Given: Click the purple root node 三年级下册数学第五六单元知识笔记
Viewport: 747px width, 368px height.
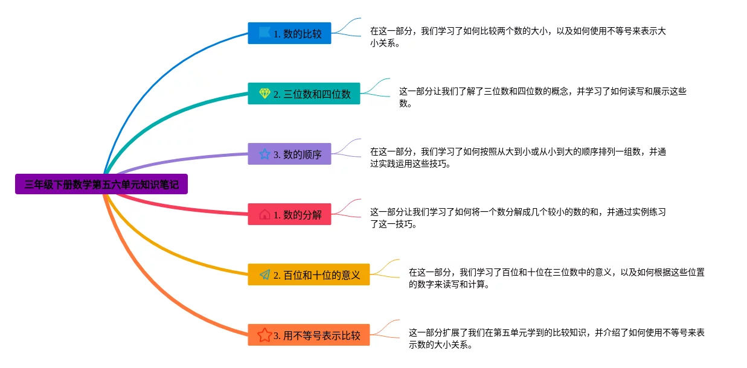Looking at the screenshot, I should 101,184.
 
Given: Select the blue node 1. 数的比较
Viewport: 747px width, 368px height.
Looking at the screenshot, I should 289,33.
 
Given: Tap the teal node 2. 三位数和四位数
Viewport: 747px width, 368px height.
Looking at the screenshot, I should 304,94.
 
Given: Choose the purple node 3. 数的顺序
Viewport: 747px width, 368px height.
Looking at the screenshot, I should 289,154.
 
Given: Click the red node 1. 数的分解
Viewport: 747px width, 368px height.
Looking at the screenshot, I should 289,214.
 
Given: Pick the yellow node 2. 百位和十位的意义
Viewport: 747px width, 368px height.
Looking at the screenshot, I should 309,274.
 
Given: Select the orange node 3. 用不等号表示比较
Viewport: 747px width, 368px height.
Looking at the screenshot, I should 309,335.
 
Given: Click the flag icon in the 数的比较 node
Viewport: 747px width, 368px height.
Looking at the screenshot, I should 264,33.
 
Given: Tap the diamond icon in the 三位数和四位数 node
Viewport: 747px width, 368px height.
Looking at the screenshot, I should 264,94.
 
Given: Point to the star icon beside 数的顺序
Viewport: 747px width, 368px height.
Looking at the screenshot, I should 264,154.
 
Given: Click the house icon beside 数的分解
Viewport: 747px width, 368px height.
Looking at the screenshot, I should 264,214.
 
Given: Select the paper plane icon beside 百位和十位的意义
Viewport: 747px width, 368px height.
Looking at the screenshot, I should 264,274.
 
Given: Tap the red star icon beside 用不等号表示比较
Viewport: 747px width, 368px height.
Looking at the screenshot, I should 264,335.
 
